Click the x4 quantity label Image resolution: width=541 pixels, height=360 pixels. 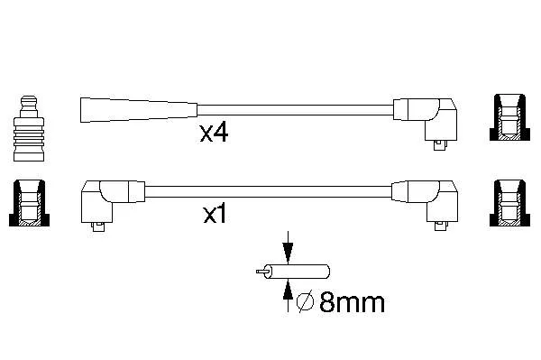(x=214, y=134)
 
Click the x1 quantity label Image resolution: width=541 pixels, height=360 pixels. (x=215, y=214)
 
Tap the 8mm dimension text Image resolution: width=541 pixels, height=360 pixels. (x=352, y=302)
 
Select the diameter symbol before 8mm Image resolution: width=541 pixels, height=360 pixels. (x=305, y=302)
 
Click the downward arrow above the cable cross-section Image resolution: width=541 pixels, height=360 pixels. (x=288, y=248)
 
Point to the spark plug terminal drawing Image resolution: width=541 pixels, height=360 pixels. (x=29, y=128)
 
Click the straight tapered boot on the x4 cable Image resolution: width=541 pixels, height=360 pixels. (x=139, y=110)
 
